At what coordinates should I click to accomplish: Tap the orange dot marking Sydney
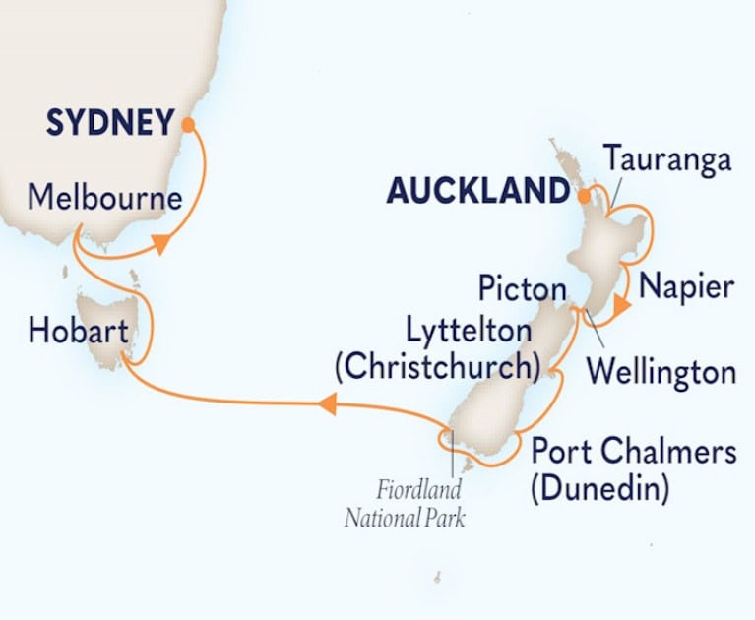(x=187, y=124)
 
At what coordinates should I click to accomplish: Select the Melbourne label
(x=104, y=199)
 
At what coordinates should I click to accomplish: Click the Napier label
(x=685, y=287)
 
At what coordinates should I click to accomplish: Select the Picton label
(x=522, y=290)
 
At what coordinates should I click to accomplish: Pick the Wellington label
(x=660, y=373)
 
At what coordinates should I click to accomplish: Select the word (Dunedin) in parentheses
(x=599, y=487)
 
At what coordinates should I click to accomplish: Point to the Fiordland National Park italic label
(x=405, y=502)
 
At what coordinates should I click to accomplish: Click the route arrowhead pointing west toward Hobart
(x=328, y=402)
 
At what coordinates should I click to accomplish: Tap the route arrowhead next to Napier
(x=617, y=310)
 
